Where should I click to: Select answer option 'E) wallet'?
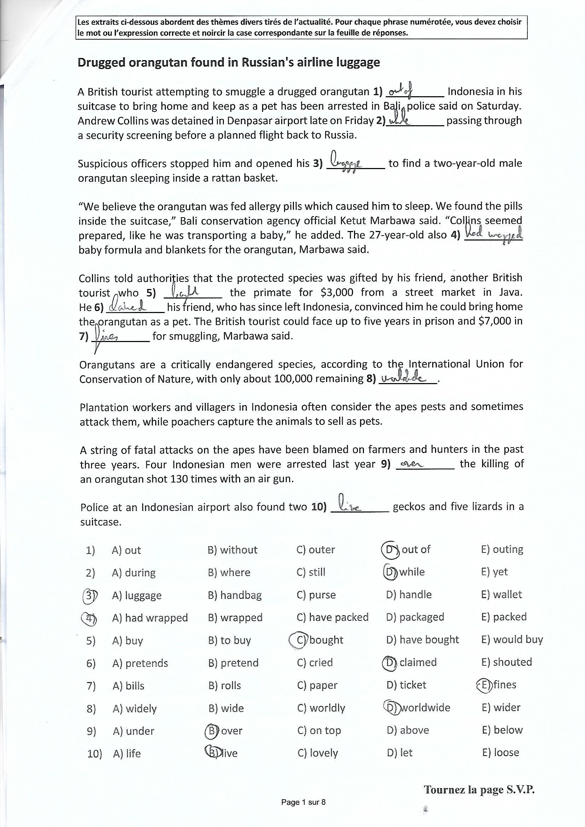click(x=502, y=595)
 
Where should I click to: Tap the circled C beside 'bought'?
click(x=298, y=640)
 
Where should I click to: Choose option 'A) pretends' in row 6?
click(x=140, y=663)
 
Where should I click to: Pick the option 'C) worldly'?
click(x=321, y=708)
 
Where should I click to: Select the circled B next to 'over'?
click(x=212, y=730)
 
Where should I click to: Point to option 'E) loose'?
click(x=500, y=752)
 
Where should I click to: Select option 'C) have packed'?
click(x=332, y=617)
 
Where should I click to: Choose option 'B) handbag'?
click(x=234, y=595)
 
